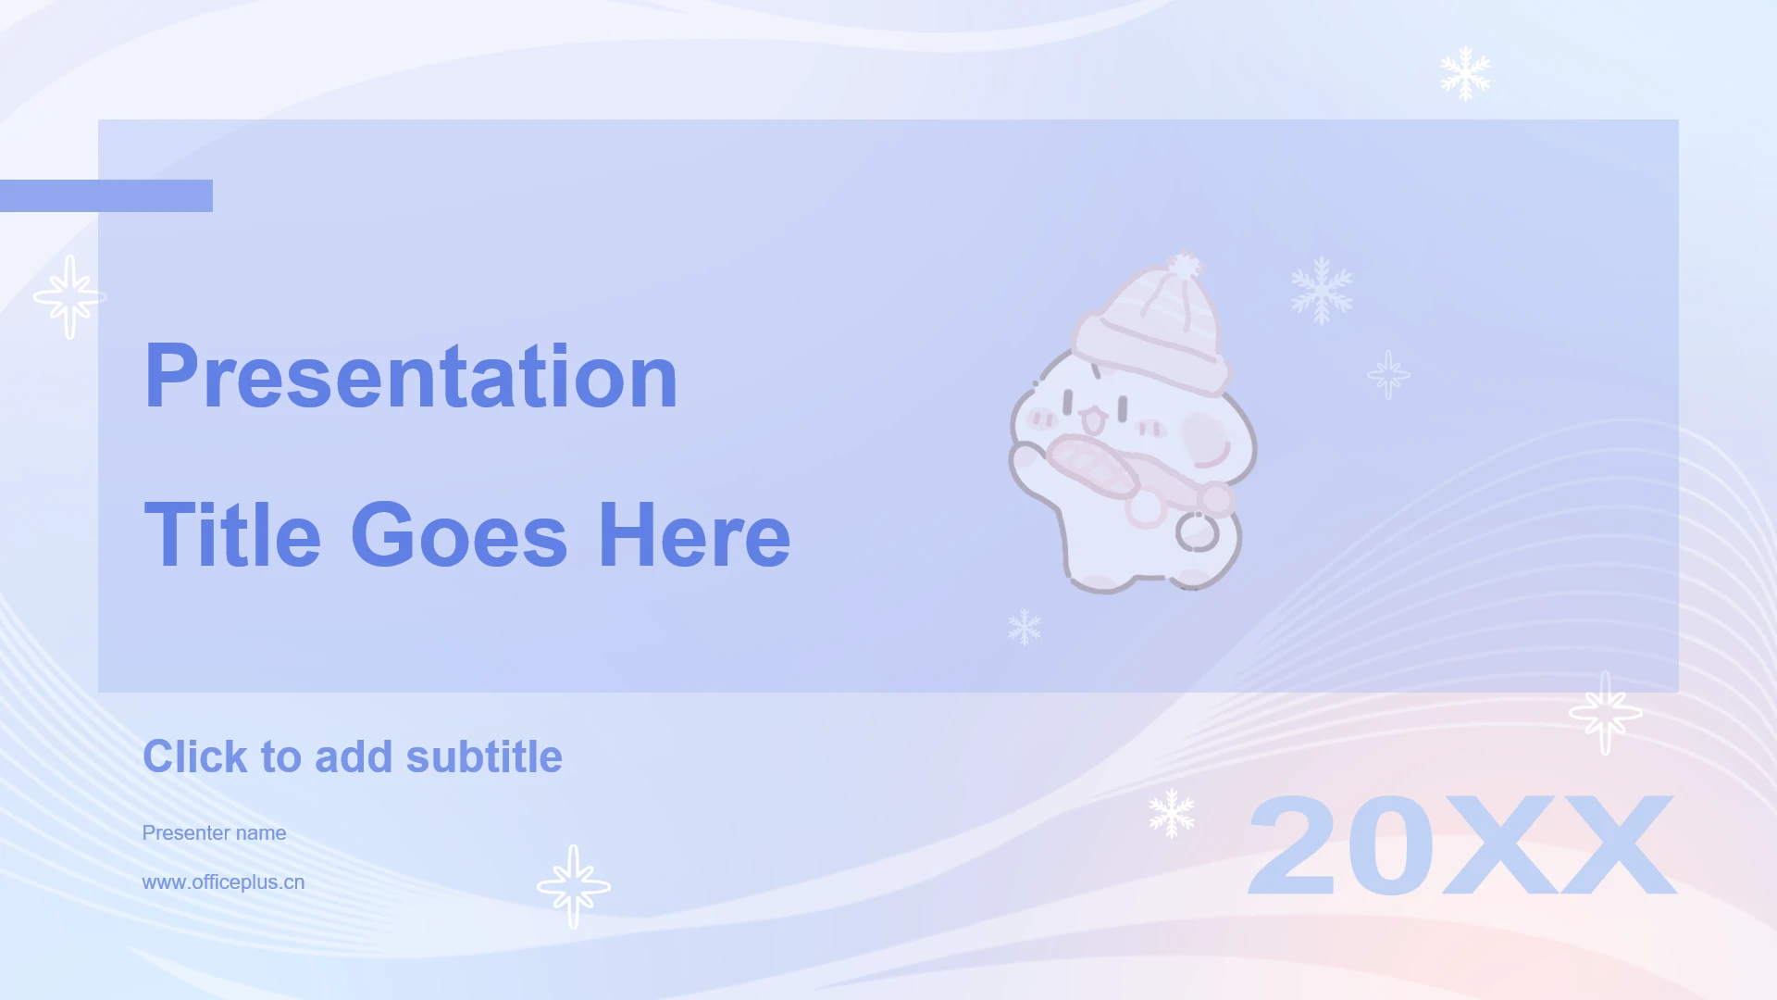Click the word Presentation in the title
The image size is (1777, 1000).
click(x=411, y=377)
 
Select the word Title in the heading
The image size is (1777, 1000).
click(x=233, y=535)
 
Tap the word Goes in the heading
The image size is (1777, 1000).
click(x=459, y=535)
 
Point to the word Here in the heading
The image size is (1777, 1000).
click(x=694, y=535)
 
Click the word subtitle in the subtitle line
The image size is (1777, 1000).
click(x=484, y=756)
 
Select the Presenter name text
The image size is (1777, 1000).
click(x=214, y=832)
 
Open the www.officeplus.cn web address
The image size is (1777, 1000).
click(x=223, y=882)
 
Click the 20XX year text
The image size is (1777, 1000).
click(x=1461, y=845)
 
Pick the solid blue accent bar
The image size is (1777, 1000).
click(x=106, y=195)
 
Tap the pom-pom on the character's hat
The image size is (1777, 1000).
click(x=1184, y=267)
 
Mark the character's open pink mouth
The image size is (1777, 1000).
click(x=1093, y=421)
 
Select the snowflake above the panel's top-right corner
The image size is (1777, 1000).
click(x=1465, y=73)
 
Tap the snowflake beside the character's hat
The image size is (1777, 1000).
click(x=1322, y=290)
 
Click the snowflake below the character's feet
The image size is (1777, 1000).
click(x=1025, y=627)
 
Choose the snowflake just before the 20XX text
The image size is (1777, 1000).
click(x=1172, y=813)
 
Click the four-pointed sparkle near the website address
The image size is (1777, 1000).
click(x=574, y=886)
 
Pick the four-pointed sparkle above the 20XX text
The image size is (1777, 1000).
click(x=1606, y=713)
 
